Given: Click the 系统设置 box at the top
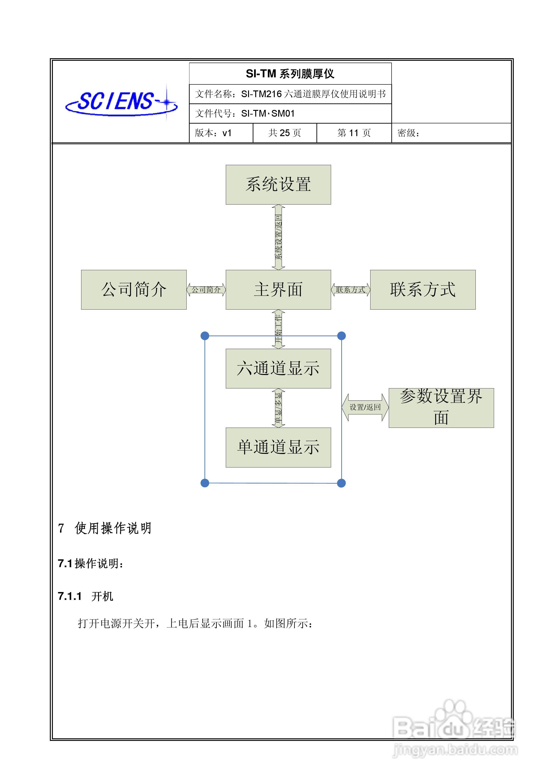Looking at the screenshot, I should (278, 185).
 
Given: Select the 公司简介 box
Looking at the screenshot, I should (134, 290).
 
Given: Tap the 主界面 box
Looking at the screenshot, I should (278, 290).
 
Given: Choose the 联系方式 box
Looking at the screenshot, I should (423, 290).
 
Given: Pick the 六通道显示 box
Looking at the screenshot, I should (278, 368).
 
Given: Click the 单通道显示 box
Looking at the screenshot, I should (278, 447).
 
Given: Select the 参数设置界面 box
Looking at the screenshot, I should (441, 408).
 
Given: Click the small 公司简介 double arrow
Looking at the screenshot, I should (206, 290).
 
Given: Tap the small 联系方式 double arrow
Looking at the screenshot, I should (351, 290).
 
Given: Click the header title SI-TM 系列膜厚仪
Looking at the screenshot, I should (290, 74).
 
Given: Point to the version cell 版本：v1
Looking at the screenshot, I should (213, 133).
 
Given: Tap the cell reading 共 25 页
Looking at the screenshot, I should (285, 133).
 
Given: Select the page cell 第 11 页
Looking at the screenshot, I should (354, 133).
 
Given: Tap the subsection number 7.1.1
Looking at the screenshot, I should (70, 596).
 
